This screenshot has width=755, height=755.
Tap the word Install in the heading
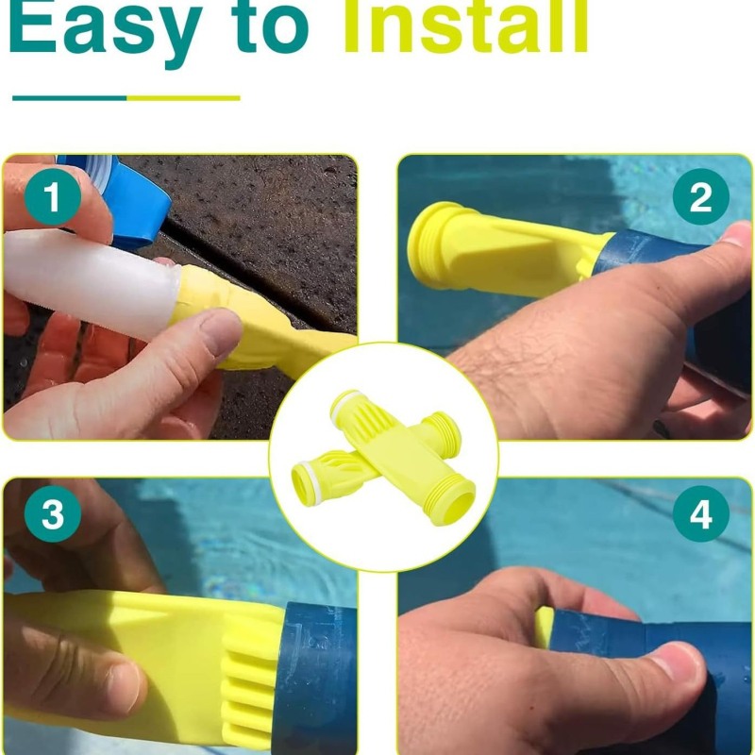click(x=465, y=25)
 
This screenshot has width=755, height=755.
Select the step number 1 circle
click(x=53, y=197)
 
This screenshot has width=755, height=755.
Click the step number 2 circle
click(x=700, y=196)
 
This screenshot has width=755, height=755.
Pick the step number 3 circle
click(x=53, y=513)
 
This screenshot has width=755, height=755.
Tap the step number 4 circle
click(x=700, y=513)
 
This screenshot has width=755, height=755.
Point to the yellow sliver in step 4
click(x=545, y=626)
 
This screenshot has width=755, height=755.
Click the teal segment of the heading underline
click(x=69, y=98)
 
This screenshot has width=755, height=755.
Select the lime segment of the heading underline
click(x=183, y=98)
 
